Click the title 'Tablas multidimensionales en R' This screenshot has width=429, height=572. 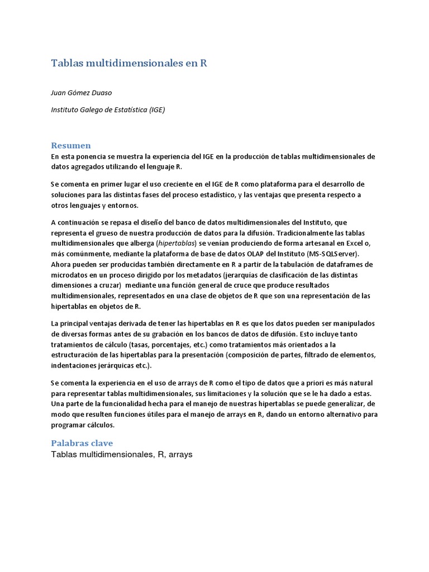[x=129, y=63]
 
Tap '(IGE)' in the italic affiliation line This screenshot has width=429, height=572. [x=157, y=109]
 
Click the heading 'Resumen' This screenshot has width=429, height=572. [x=71, y=145]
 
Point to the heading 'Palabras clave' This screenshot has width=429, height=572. [x=82, y=443]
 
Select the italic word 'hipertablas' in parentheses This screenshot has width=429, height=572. [x=177, y=243]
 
